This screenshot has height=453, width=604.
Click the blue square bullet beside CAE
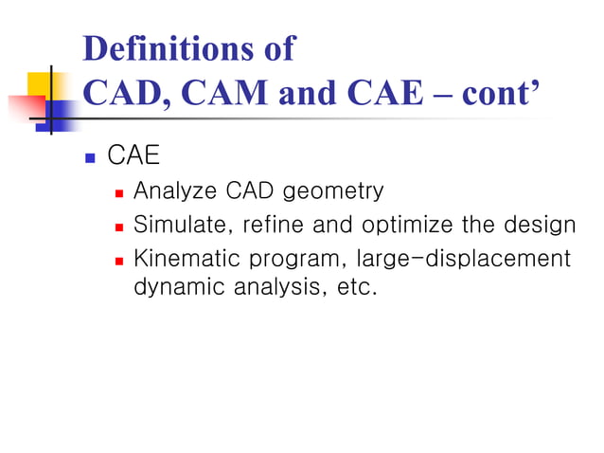tap(91, 156)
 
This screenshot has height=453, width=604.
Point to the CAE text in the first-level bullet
tap(133, 155)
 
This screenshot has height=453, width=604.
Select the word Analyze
tap(176, 191)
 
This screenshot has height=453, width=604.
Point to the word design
tap(542, 226)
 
